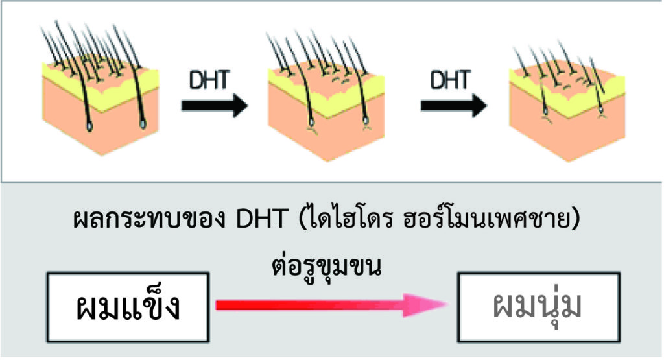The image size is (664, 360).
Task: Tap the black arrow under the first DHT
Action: [x=214, y=105]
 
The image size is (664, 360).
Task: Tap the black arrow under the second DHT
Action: [x=453, y=105]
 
